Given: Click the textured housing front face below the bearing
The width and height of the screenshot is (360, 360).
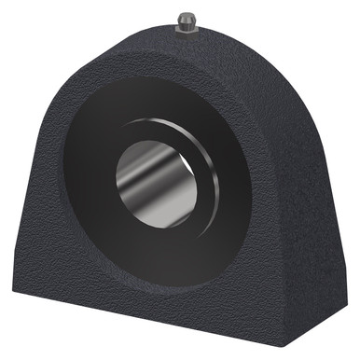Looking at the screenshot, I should pos(140,280).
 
